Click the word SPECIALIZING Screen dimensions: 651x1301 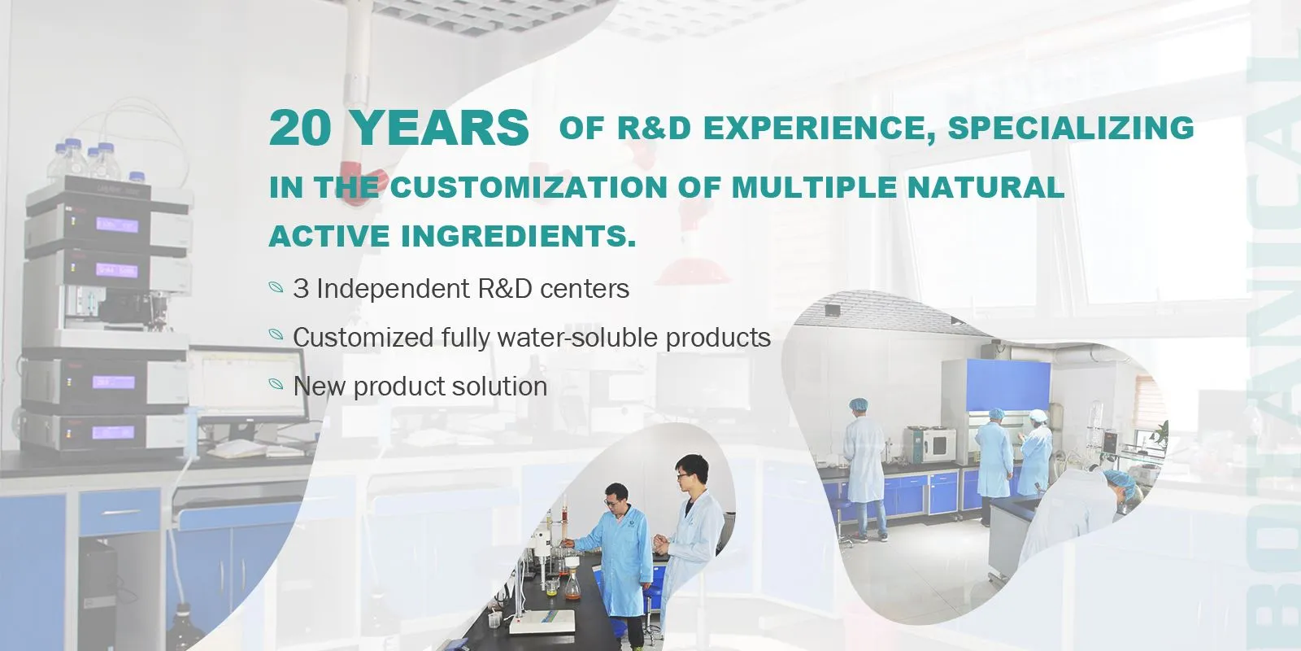point(1070,128)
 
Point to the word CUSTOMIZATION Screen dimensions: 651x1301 point(530,187)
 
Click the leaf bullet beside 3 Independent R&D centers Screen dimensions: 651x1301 point(276,287)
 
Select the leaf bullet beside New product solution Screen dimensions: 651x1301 point(276,384)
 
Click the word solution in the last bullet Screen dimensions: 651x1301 point(499,385)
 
